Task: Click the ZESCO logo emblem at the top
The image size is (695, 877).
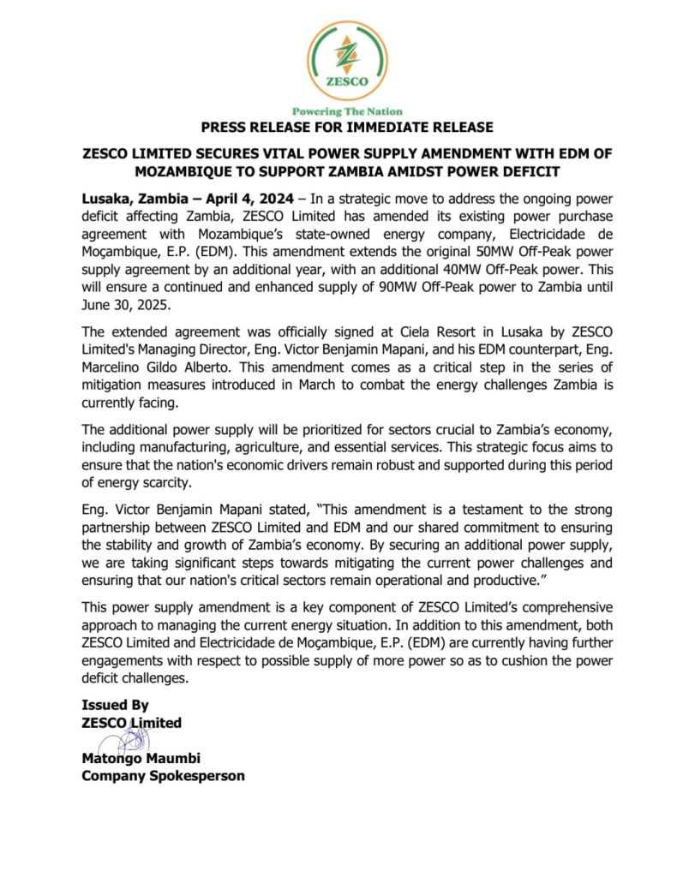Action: click(x=347, y=60)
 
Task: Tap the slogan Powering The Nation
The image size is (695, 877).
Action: click(x=347, y=111)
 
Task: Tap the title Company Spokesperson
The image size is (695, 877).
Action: click(x=163, y=775)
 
